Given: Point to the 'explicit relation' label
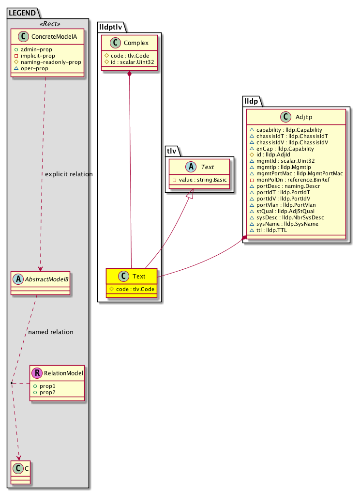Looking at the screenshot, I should pos(68,174).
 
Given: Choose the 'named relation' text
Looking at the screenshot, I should pos(51,332).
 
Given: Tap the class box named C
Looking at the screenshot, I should pos(20,473).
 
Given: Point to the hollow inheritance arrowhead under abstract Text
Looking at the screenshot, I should pos(190,195).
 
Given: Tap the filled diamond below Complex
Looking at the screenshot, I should pos(130,74).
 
